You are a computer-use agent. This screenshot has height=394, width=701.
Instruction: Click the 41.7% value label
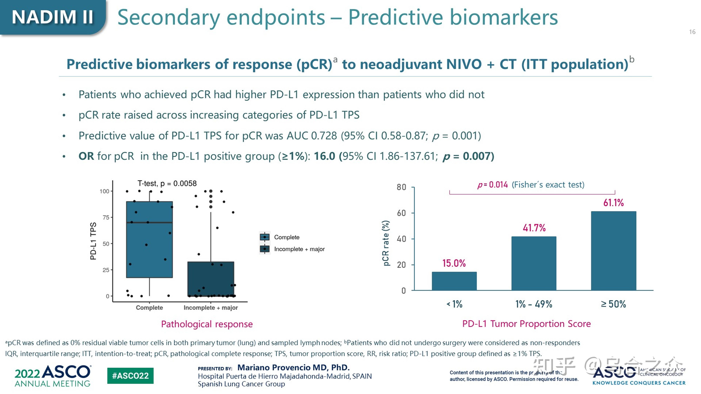534,228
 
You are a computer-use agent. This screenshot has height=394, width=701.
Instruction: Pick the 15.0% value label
454,263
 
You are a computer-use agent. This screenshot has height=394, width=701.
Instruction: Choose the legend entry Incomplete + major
299,249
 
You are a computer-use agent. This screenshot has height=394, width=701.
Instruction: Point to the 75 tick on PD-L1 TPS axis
106,217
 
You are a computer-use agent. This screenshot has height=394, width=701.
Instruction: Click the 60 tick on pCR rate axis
401,213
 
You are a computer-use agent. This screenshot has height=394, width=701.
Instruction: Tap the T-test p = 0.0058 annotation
167,184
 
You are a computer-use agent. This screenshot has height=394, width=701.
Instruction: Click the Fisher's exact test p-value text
531,185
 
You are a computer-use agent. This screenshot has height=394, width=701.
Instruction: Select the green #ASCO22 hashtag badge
130,376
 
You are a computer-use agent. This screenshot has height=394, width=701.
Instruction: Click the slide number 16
692,32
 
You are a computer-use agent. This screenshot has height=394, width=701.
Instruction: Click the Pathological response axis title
207,324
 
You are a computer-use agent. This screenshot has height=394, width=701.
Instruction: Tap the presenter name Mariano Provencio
293,368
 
